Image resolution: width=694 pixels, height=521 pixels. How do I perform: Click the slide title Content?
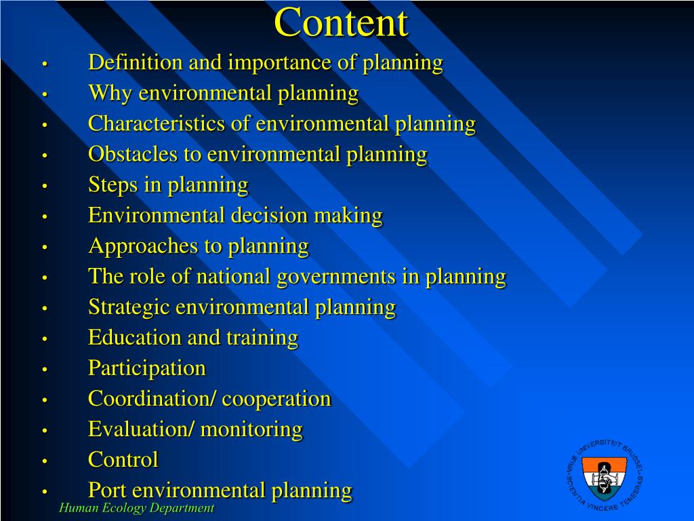(x=341, y=23)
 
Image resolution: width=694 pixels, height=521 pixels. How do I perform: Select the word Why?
(x=110, y=94)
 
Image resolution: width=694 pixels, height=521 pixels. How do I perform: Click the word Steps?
(x=113, y=185)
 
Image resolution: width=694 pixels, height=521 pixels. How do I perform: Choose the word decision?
(x=269, y=216)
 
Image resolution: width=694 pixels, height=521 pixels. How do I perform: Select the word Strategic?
(x=129, y=307)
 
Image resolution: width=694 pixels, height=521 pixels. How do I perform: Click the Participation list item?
(x=147, y=368)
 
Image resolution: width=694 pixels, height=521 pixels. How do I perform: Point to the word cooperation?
(x=277, y=399)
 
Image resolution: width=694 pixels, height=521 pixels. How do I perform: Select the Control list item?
(x=123, y=460)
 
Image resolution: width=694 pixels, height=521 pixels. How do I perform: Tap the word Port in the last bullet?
(x=107, y=490)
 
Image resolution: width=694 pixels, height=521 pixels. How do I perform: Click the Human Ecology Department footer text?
(x=136, y=508)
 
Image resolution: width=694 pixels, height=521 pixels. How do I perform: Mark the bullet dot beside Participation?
(x=45, y=370)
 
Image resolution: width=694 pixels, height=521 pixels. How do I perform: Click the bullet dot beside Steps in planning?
(x=45, y=187)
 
